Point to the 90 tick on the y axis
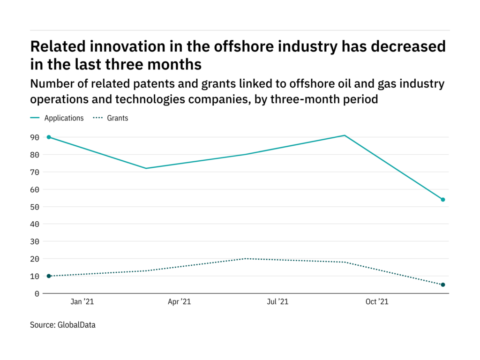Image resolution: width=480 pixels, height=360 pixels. click(x=35, y=137)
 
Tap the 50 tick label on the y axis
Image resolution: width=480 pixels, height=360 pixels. click(x=35, y=207)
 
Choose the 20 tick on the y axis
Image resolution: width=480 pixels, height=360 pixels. click(x=35, y=259)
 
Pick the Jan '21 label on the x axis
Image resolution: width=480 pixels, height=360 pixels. click(x=82, y=302)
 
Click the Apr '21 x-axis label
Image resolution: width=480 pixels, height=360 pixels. click(x=179, y=302)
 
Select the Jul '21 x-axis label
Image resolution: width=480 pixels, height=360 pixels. click(x=277, y=302)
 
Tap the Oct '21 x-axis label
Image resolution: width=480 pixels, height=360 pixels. click(x=377, y=302)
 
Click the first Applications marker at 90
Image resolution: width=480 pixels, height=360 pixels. click(x=49, y=137)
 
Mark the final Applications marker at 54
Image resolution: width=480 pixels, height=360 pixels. click(x=443, y=200)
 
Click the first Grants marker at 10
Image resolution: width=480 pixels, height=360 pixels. click(x=49, y=276)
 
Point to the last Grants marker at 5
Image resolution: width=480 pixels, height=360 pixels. click(x=443, y=285)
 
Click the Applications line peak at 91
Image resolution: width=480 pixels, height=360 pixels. click(x=345, y=135)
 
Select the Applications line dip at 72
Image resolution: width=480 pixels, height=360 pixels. click(x=146, y=168)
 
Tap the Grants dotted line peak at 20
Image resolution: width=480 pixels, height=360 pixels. click(x=246, y=259)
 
